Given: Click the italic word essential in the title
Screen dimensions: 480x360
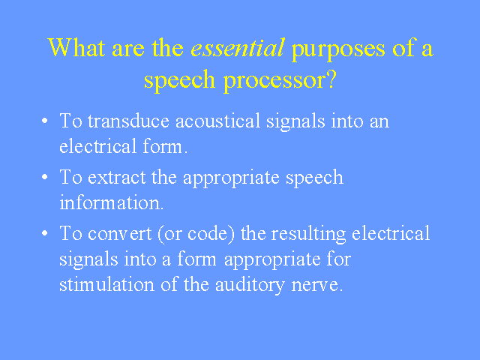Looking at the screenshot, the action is [x=238, y=48].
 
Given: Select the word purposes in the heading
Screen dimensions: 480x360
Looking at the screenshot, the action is [x=338, y=50].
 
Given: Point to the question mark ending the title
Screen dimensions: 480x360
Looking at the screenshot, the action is [x=331, y=78].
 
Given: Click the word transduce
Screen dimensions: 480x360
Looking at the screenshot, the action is [x=128, y=121].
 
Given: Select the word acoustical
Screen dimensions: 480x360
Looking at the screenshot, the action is [x=217, y=121].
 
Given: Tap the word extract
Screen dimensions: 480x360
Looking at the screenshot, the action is [x=117, y=177].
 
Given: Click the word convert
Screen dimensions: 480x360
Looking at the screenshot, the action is [x=119, y=233].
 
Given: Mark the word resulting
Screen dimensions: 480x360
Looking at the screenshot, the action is [x=309, y=235].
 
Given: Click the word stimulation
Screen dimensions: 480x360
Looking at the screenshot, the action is [x=106, y=284].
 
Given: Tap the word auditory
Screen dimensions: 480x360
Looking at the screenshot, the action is [x=250, y=286].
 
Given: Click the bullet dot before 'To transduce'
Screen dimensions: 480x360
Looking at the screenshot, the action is [x=45, y=121].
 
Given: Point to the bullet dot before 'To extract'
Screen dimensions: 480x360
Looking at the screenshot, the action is [x=45, y=177].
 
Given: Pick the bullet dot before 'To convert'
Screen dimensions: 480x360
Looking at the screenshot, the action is [x=45, y=233].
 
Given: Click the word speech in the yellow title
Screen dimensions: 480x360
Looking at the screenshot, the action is [x=180, y=81].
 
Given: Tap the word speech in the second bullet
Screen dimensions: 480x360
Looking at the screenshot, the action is [x=314, y=178].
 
